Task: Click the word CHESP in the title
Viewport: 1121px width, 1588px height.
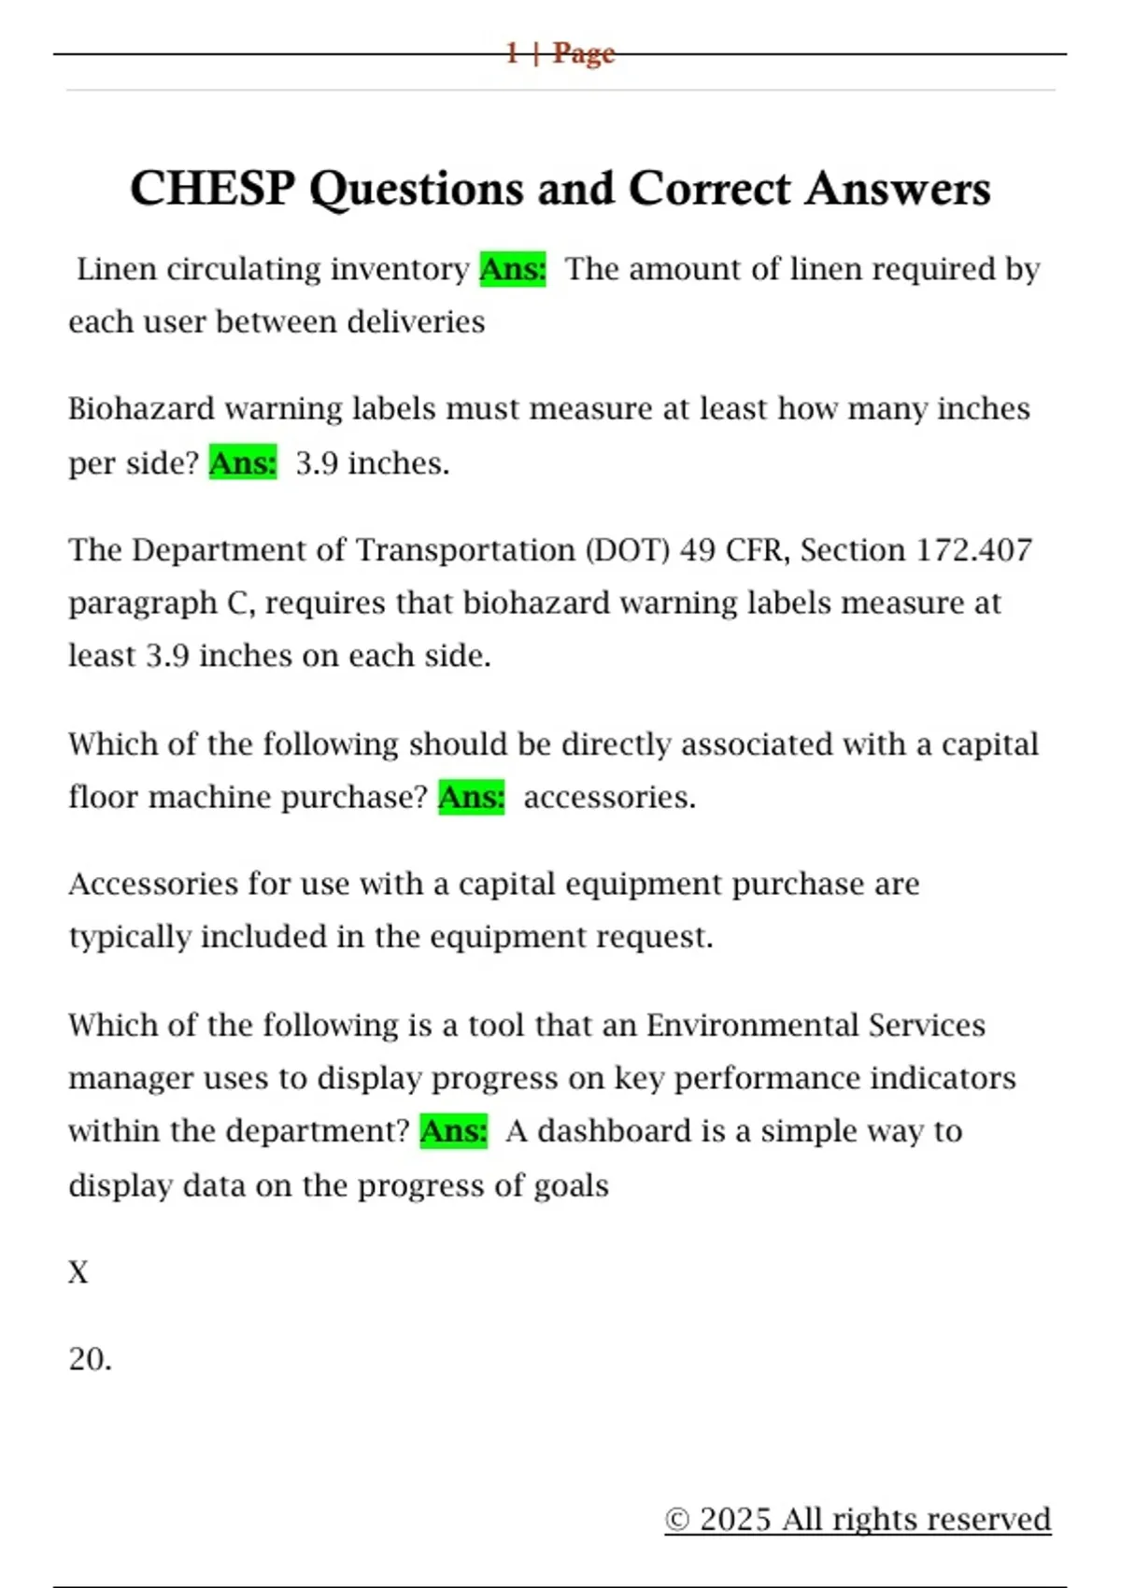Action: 211,189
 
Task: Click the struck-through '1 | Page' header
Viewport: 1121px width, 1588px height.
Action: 560,53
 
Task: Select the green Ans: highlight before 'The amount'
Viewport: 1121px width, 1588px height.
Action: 513,269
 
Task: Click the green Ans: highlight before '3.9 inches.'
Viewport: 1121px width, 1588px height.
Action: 243,463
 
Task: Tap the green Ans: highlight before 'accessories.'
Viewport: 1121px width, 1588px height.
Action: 472,798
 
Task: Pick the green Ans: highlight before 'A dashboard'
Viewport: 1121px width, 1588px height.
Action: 454,1131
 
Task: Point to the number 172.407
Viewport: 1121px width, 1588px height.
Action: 973,550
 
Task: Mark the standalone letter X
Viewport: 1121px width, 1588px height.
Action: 78,1272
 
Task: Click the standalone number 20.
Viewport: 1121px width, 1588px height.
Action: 90,1359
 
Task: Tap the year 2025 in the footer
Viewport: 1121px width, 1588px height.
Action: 735,1520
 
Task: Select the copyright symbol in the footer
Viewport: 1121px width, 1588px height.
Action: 677,1521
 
